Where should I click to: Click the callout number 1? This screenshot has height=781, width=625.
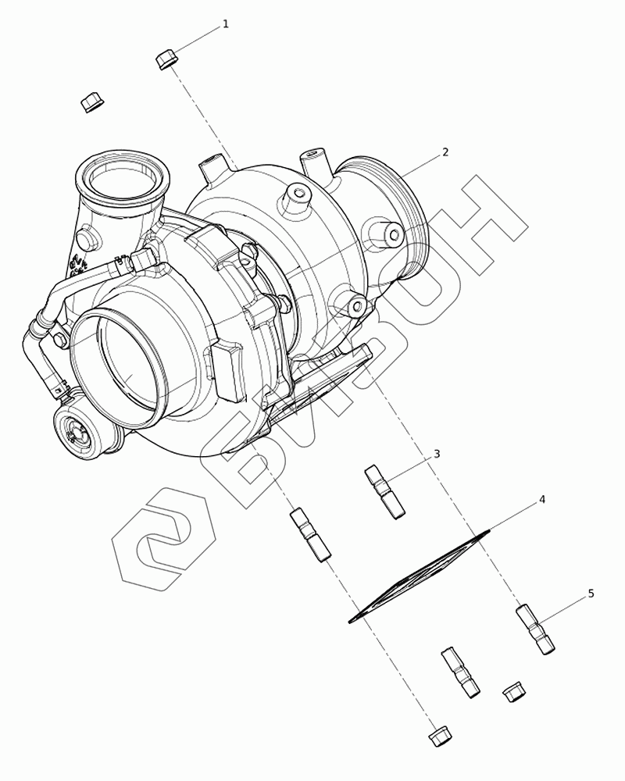click(x=226, y=24)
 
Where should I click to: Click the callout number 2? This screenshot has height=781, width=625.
click(x=445, y=152)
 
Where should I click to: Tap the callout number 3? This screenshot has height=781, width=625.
click(x=437, y=454)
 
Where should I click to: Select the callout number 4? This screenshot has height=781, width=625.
click(x=541, y=500)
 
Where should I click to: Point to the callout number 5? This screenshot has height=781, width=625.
click(x=591, y=594)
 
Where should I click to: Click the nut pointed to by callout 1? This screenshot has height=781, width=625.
click(x=167, y=60)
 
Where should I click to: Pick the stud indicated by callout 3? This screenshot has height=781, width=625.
click(x=385, y=492)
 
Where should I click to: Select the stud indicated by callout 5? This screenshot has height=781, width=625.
click(x=535, y=629)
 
